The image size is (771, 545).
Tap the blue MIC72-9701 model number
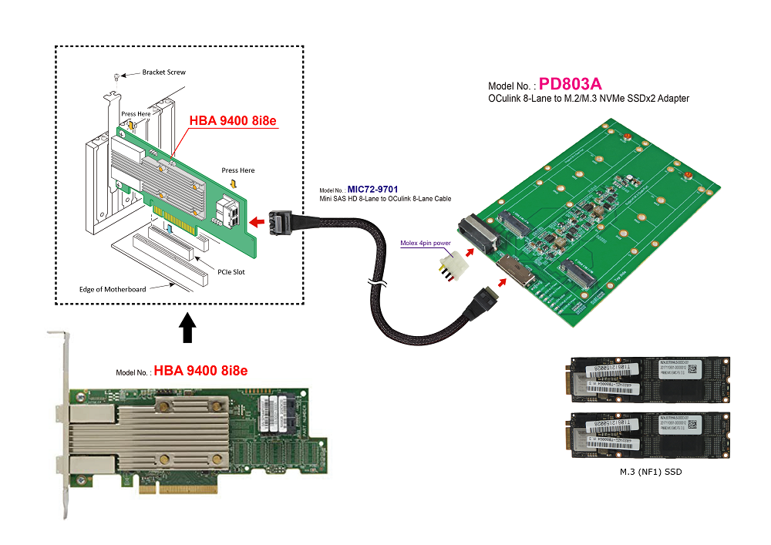click(x=373, y=189)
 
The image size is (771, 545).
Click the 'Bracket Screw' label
click(x=163, y=72)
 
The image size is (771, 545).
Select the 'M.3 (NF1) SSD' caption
click(x=651, y=471)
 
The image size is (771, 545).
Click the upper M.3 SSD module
click(x=649, y=379)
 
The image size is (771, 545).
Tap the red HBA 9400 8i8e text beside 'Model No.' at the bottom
click(x=200, y=371)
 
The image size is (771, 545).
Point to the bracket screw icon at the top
click(x=115, y=76)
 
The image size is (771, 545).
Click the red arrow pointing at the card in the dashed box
click(x=258, y=223)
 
